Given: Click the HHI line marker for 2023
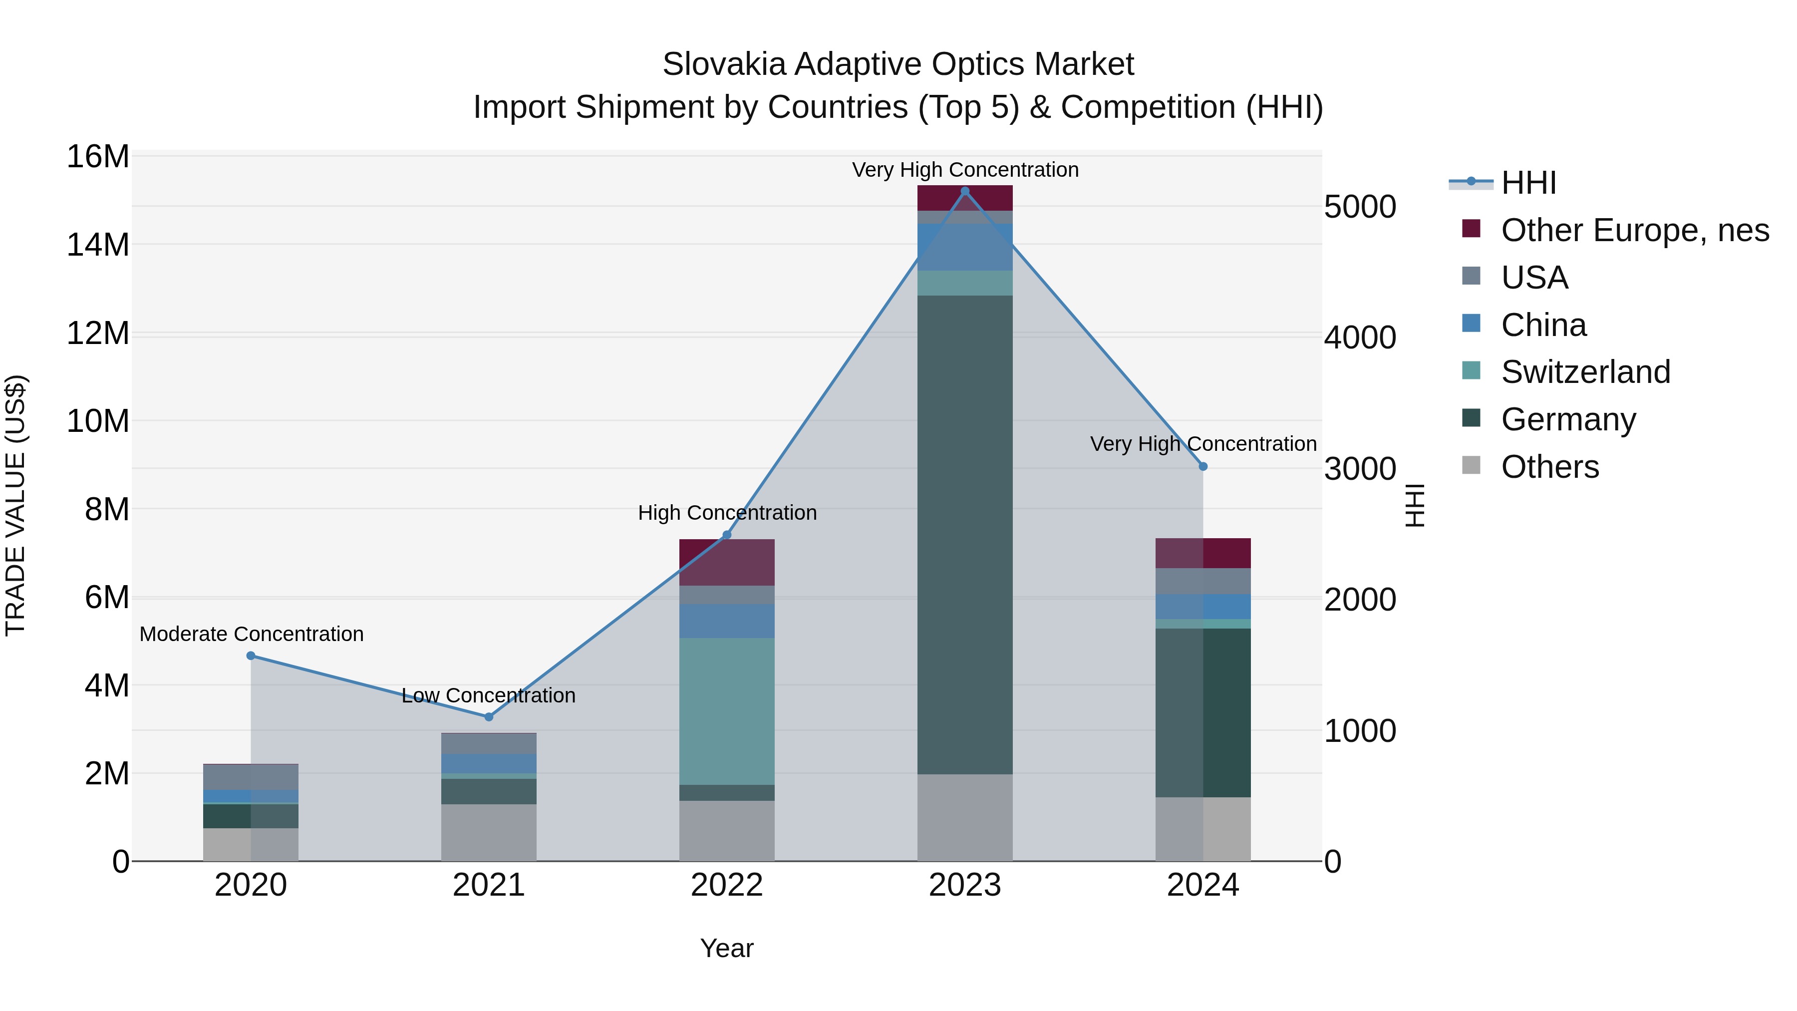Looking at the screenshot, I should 965,191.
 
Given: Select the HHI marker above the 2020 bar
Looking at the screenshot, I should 251,656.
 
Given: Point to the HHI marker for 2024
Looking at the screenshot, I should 1202,467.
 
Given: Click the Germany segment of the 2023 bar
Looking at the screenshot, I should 965,534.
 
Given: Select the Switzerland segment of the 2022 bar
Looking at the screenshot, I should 726,711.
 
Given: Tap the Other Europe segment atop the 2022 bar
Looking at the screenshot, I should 726,562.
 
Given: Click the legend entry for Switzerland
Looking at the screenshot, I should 1585,372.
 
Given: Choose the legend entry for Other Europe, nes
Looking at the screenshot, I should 1634,230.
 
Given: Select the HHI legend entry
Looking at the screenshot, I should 1528,183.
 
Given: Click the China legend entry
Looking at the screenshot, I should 1543,325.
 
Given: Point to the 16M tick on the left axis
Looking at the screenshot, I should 98,156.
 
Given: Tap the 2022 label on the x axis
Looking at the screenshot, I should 726,885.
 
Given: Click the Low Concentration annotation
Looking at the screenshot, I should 488,695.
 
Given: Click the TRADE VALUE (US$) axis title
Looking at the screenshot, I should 15,505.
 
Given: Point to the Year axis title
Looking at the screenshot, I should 726,948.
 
